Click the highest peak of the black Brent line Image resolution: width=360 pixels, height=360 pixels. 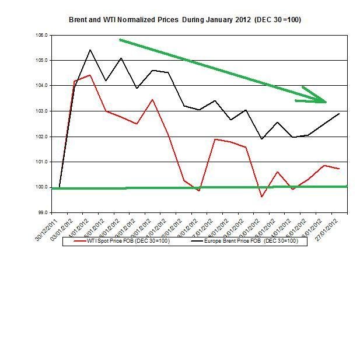tap(90, 50)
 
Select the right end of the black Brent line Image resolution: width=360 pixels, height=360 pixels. tap(339, 114)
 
